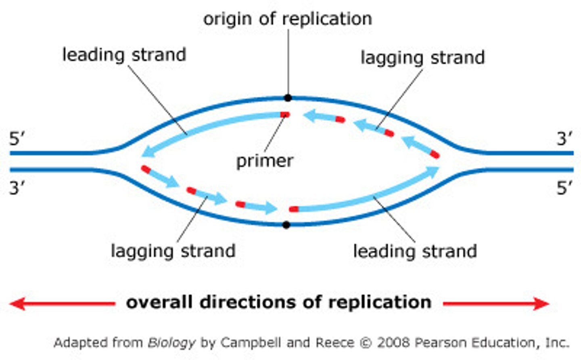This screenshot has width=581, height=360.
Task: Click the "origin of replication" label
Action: pyautogui.click(x=287, y=19)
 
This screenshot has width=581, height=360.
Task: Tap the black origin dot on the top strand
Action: pyautogui.click(x=288, y=98)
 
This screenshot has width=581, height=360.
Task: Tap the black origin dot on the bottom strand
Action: pyautogui.click(x=286, y=225)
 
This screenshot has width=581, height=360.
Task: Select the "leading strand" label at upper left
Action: pyautogui.click(x=124, y=55)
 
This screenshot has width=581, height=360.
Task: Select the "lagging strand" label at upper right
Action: pyautogui.click(x=422, y=58)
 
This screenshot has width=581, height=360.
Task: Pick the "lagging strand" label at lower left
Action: pyautogui.click(x=173, y=251)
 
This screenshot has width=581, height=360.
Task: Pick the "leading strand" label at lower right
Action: pyautogui.click(x=415, y=251)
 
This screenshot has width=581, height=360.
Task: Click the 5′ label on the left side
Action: pyautogui.click(x=17, y=139)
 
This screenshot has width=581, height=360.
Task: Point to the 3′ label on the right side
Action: pyautogui.click(x=564, y=139)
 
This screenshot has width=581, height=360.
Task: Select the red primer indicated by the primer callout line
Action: pyautogui.click(x=285, y=115)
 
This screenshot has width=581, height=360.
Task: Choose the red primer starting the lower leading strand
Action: pyautogui.click(x=294, y=209)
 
